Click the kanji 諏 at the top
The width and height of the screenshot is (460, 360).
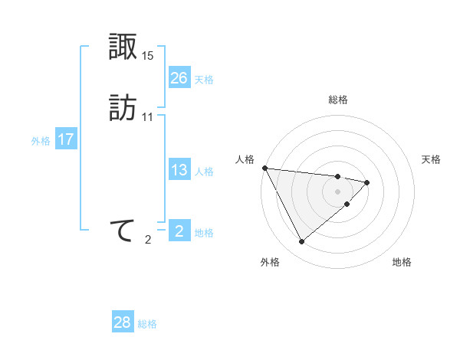123,47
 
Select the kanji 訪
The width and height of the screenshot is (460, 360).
123,107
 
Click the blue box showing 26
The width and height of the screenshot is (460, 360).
179,77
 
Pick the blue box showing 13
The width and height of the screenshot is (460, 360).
179,170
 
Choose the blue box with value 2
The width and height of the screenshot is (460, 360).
179,231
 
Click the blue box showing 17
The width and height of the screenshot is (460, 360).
65,139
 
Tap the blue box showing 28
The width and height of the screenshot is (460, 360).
123,322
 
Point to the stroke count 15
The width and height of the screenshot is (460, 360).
148,56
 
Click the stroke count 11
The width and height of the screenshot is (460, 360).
148,117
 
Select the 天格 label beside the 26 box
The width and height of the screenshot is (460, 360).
204,80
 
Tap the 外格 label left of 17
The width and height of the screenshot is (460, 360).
40,141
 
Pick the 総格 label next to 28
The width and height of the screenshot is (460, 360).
147,325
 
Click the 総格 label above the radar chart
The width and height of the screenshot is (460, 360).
338,100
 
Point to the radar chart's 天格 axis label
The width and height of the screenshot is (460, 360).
432,159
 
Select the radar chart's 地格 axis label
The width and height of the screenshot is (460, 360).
402,262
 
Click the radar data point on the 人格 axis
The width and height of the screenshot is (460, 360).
264,168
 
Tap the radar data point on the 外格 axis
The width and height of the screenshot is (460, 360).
301,242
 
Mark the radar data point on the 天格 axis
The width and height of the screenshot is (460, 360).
367,182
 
